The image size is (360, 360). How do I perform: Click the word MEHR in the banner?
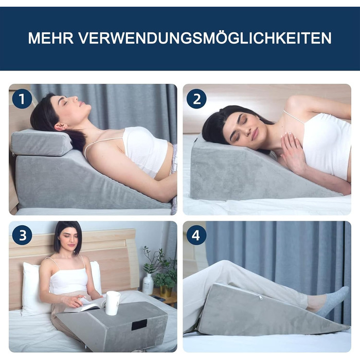(x=51, y=38)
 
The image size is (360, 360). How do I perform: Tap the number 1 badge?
(x=22, y=99)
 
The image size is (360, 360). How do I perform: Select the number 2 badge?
(x=196, y=99)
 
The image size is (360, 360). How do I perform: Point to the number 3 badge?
(x=22, y=236)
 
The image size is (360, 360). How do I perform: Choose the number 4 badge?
(x=196, y=236)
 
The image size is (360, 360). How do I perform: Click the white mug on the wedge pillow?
(x=113, y=303)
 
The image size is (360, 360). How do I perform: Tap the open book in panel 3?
(x=84, y=304)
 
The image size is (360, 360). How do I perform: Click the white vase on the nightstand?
(x=148, y=284)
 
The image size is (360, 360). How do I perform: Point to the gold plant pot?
(x=166, y=292)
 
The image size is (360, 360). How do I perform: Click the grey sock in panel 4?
(x=333, y=301)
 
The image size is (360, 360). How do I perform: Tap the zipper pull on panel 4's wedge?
(x=260, y=297)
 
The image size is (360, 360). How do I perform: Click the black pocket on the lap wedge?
(x=139, y=325)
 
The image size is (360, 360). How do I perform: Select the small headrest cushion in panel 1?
(x=41, y=142)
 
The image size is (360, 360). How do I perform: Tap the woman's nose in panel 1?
(x=75, y=99)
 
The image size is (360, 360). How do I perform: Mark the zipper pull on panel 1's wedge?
(x=13, y=154)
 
